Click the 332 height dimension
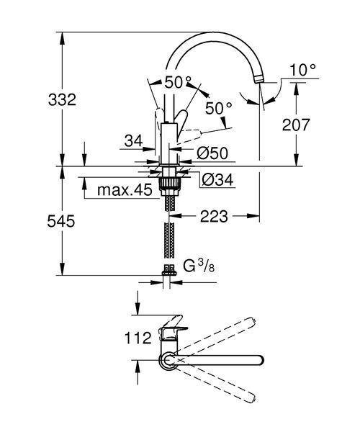tap(62, 100)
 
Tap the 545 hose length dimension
tap(61, 221)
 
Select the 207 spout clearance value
tap(296, 125)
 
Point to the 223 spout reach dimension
tap(214, 216)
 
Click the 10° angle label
tap(302, 70)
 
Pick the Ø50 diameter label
tap(212, 153)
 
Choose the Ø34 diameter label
tap(217, 180)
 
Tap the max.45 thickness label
tap(125, 190)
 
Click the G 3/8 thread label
tap(199, 266)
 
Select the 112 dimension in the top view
tap(138, 338)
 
